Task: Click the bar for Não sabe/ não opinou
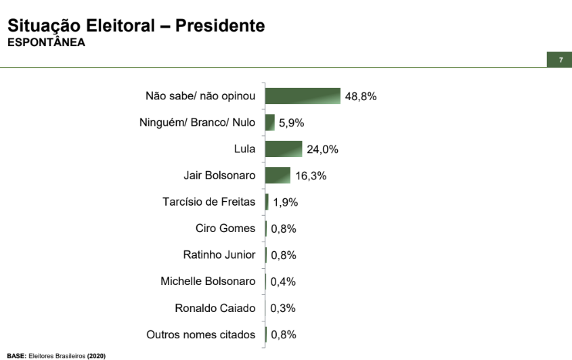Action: click(x=303, y=96)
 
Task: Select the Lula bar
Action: click(x=284, y=149)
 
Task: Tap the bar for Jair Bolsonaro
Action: click(x=278, y=175)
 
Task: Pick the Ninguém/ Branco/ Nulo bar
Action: click(x=270, y=122)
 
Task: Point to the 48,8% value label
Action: click(x=361, y=96)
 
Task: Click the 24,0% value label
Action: click(x=322, y=150)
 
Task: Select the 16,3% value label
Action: click(x=311, y=176)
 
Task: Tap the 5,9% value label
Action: click(x=292, y=123)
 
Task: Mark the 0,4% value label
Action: click(x=284, y=282)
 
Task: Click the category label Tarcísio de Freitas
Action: click(x=209, y=202)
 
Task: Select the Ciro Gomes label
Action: click(x=225, y=228)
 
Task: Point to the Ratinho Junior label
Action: click(x=219, y=254)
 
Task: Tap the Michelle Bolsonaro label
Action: click(x=208, y=281)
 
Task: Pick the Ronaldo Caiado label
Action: click(x=215, y=308)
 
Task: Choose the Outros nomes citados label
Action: click(x=201, y=334)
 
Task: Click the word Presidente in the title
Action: click(x=220, y=26)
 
